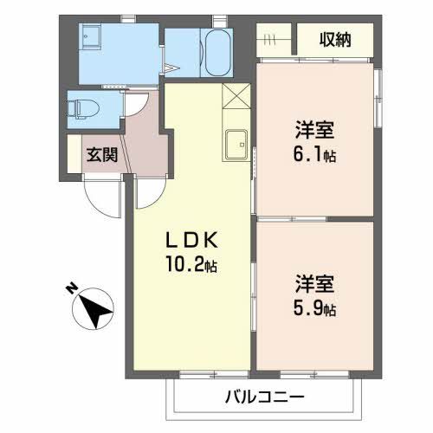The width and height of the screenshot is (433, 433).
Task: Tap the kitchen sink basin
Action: pyautogui.click(x=236, y=145)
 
